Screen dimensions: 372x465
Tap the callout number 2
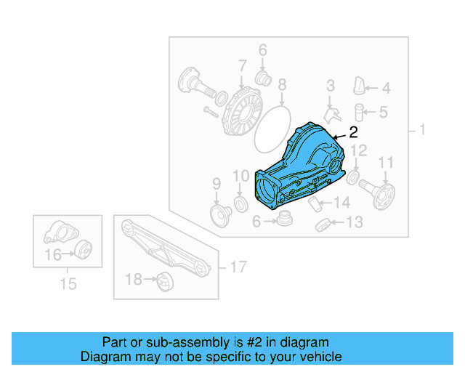[354, 132]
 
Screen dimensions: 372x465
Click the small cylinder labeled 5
[359, 112]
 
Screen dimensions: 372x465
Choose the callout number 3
[330, 86]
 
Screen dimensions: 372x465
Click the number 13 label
[354, 222]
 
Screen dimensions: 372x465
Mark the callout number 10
[240, 176]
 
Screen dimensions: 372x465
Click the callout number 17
[238, 267]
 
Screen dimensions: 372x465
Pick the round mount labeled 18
[163, 279]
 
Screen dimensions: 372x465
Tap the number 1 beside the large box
[421, 132]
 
